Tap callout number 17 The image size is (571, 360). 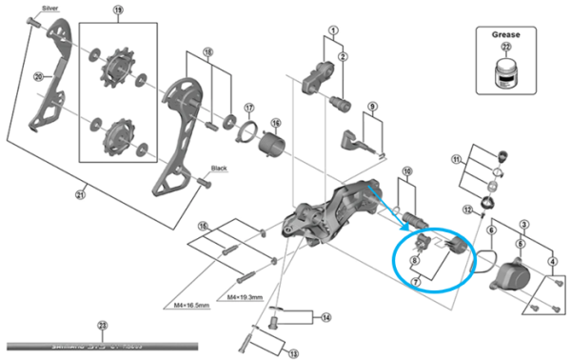click(248, 107)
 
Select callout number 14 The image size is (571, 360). click(325, 317)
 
